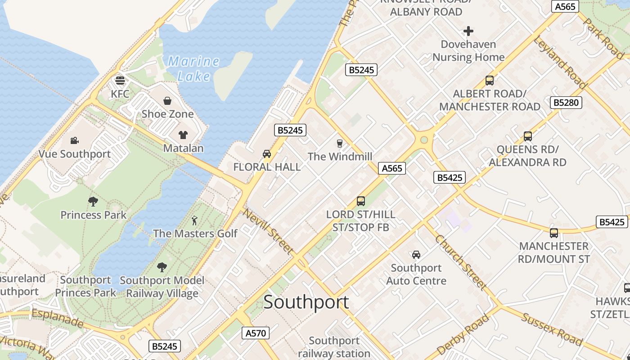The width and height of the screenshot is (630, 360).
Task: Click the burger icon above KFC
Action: (120, 81)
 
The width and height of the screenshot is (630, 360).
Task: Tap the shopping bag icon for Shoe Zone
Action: (167, 100)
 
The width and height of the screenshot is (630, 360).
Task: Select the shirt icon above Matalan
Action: (183, 135)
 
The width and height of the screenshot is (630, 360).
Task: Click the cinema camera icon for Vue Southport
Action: (74, 141)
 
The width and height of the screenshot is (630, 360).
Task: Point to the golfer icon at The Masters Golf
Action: (194, 220)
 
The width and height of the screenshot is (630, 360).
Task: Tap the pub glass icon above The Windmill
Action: (340, 144)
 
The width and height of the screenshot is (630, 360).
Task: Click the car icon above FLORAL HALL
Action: (267, 154)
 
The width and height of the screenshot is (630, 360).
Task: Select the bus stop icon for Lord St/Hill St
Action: (360, 201)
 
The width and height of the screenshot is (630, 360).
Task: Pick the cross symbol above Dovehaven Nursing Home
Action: (468, 31)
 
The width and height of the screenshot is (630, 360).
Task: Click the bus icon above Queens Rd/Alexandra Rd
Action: (528, 136)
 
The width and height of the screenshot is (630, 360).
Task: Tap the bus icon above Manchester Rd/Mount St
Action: (554, 233)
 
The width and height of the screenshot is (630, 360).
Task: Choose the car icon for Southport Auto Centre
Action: (416, 255)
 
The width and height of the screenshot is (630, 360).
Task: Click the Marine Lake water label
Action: (193, 68)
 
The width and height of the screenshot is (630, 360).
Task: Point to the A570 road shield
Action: (256, 333)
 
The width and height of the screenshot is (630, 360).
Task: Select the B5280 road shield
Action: (566, 103)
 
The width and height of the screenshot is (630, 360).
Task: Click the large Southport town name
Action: (306, 302)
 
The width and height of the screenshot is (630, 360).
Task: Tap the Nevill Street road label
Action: (269, 231)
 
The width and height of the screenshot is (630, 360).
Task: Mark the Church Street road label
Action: (461, 263)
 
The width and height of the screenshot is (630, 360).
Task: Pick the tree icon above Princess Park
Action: (93, 201)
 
